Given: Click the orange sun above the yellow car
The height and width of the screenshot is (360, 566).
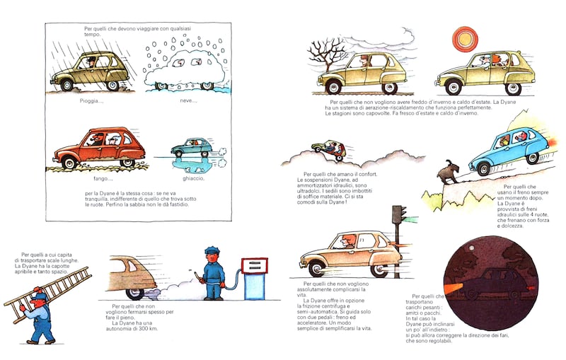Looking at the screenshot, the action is coord(465,39).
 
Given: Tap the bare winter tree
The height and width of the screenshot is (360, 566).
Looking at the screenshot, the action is coord(326,55).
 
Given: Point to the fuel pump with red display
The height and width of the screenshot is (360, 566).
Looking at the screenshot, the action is coord(254,278).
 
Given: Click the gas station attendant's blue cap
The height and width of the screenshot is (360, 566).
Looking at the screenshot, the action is coord(209,250).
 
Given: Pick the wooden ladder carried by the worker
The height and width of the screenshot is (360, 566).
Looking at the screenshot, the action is coord(48,294).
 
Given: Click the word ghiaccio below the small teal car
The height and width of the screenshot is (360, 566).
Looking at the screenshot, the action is coord(193,178).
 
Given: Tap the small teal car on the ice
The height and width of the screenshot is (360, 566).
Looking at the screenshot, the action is coord(192,147).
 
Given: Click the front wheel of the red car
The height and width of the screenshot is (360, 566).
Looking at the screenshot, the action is coord(69,163).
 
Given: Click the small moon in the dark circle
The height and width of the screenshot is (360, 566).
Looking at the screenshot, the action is coord(471,248).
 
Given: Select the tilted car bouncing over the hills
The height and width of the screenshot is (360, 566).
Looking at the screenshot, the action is coord(330,149).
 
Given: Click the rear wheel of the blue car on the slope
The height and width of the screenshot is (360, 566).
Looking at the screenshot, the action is coord(532,158).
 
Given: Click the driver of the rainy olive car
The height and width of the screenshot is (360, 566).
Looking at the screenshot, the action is coord(91,62).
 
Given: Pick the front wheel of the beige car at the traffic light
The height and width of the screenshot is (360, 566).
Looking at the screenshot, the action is coord(317,269).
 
